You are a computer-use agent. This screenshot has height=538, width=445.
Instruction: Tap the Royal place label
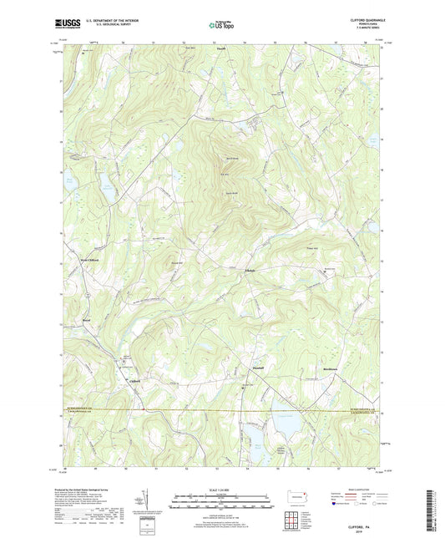(86, 318)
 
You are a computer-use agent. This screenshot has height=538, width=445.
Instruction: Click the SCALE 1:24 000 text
(222, 490)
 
